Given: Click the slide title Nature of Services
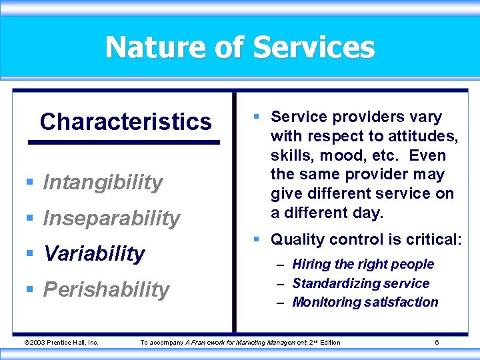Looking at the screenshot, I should click(240, 47).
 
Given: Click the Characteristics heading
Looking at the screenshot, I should click(125, 122).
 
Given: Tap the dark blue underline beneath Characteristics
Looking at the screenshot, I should click(123, 142).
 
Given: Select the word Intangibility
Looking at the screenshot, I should click(103, 182).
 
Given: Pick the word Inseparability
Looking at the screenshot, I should click(111, 218).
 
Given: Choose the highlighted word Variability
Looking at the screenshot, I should click(94, 253).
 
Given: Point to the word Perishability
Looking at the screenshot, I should click(106, 289).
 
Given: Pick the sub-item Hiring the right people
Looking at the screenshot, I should click(363, 264).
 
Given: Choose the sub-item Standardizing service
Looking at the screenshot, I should click(361, 283).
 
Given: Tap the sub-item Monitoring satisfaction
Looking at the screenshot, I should click(365, 302).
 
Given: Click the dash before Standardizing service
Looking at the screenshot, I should click(281, 284).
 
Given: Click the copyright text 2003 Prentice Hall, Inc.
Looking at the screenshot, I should click(61, 343).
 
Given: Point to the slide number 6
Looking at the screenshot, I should click(437, 343).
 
